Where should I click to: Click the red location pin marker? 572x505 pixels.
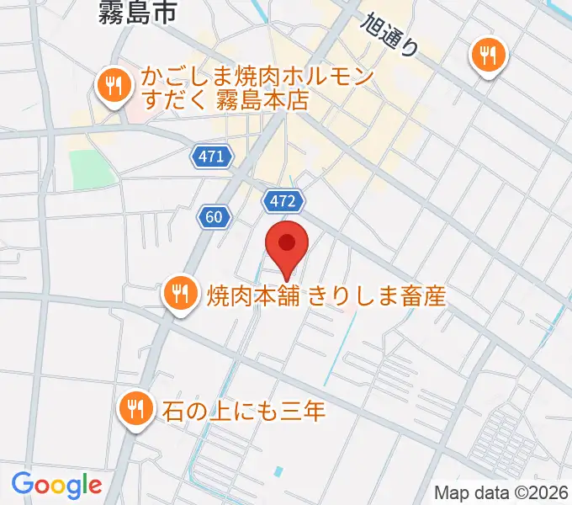point(287,244)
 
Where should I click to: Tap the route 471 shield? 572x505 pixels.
point(211,157)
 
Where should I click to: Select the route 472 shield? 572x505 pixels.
point(283,200)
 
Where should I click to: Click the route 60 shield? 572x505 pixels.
point(216,217)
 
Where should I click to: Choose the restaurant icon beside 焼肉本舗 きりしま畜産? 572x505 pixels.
point(179,294)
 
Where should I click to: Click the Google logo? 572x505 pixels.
point(56,484)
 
